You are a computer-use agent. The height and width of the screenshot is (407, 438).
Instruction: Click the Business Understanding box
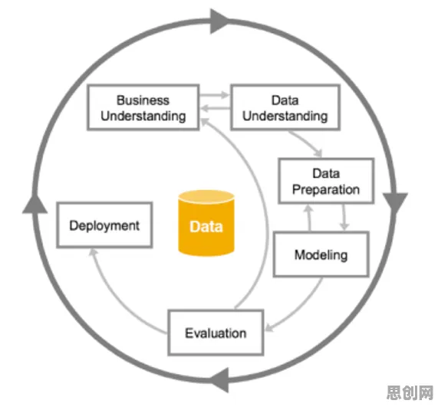143,107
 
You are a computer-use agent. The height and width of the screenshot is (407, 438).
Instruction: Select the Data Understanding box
285,107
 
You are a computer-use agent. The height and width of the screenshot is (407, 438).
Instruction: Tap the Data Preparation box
326,181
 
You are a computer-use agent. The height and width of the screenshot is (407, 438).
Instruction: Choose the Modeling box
321,254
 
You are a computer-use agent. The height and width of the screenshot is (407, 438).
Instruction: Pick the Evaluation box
216,333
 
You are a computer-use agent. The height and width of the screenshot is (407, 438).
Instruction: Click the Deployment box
104,225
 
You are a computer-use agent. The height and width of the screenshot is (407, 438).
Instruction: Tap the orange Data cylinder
206,223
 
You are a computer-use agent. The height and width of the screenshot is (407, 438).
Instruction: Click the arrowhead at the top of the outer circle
219,21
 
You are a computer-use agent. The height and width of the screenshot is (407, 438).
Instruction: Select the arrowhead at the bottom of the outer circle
220,379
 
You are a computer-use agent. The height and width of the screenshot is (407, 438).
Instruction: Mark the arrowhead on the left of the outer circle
35,204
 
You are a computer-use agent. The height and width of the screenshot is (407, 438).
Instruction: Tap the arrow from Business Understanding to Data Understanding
215,95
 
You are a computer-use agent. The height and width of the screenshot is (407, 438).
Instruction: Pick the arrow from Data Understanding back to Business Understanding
215,108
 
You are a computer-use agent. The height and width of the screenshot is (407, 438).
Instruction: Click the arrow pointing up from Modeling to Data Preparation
309,218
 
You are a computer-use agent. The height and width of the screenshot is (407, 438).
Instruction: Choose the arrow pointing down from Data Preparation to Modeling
344,217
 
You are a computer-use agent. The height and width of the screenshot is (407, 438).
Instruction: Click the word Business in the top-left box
143,100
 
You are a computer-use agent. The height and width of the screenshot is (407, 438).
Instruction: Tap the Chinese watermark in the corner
410,392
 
